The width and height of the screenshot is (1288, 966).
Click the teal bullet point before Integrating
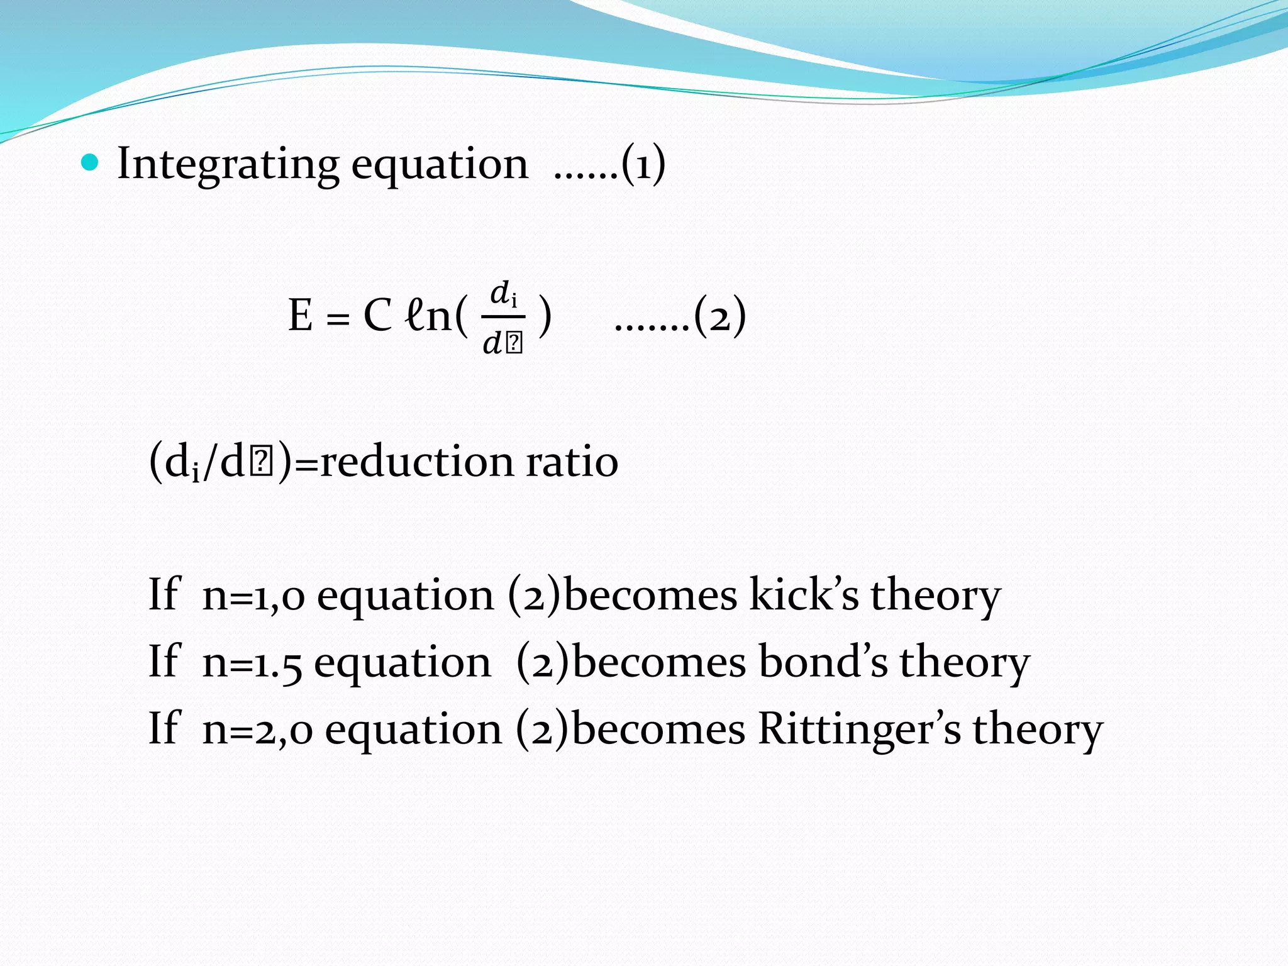(x=91, y=164)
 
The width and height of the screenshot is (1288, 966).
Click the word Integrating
(x=228, y=165)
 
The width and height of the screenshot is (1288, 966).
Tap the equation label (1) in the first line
(x=643, y=165)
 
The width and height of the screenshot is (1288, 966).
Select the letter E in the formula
(x=301, y=315)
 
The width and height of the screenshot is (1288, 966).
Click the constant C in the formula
(x=377, y=315)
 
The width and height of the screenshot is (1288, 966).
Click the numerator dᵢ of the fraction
(x=503, y=294)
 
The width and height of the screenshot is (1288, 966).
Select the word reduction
(x=416, y=462)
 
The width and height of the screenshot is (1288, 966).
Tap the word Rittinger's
(x=859, y=730)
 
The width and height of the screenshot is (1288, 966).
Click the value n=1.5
(x=252, y=663)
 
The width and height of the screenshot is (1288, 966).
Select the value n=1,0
(x=253, y=596)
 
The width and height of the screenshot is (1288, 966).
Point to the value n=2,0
(x=257, y=730)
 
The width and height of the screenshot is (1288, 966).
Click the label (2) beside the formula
(x=721, y=315)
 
